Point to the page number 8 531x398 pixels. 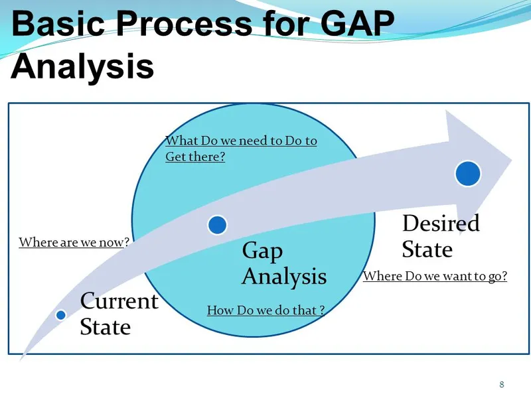(501, 385)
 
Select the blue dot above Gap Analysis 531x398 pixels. (218, 225)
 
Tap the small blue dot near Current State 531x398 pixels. (60, 315)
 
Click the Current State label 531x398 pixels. (119, 314)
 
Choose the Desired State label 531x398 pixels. (440, 236)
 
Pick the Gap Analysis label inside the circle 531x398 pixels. (283, 263)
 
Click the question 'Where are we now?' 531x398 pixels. (73, 243)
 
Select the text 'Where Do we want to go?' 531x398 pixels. (435, 277)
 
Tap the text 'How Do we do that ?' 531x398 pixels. (265, 310)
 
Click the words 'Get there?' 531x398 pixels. (195, 157)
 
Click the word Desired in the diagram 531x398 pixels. (440, 224)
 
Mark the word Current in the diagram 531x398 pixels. (119, 301)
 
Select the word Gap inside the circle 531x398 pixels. (262, 251)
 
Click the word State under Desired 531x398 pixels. (427, 249)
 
